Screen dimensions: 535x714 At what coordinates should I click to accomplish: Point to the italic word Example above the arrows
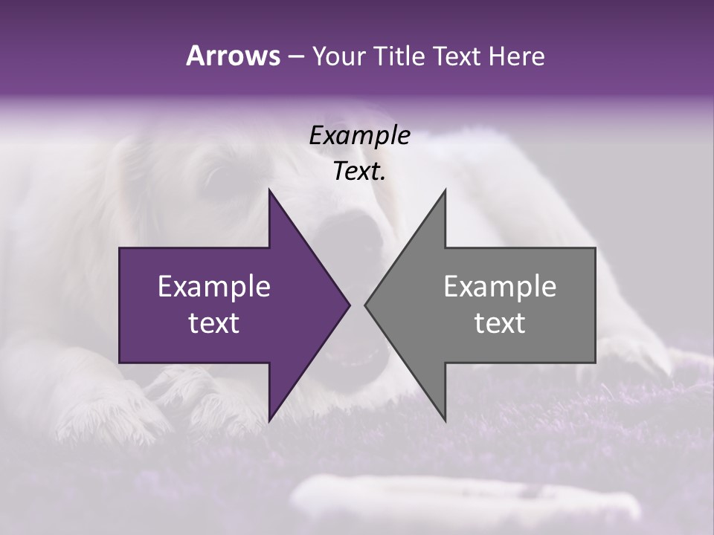[x=359, y=136]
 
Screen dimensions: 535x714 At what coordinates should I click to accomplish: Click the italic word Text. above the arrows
[x=359, y=172]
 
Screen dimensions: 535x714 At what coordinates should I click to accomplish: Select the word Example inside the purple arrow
[x=214, y=287]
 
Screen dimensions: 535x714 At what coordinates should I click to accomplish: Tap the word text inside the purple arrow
[x=214, y=323]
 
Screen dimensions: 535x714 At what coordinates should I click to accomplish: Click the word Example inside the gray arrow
[x=500, y=287]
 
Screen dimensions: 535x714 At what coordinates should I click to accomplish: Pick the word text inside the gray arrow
[x=500, y=323]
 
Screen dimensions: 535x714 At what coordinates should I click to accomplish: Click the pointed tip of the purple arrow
[x=349, y=305]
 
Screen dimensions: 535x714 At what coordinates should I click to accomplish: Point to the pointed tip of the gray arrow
[x=366, y=305]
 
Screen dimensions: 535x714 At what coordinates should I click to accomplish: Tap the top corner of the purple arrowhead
[x=269, y=190]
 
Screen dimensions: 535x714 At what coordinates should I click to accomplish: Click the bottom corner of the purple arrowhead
[x=269, y=420]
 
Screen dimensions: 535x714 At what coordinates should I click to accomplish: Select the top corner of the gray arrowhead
[x=445, y=190]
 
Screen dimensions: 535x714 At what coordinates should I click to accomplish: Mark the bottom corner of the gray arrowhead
[x=445, y=420]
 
